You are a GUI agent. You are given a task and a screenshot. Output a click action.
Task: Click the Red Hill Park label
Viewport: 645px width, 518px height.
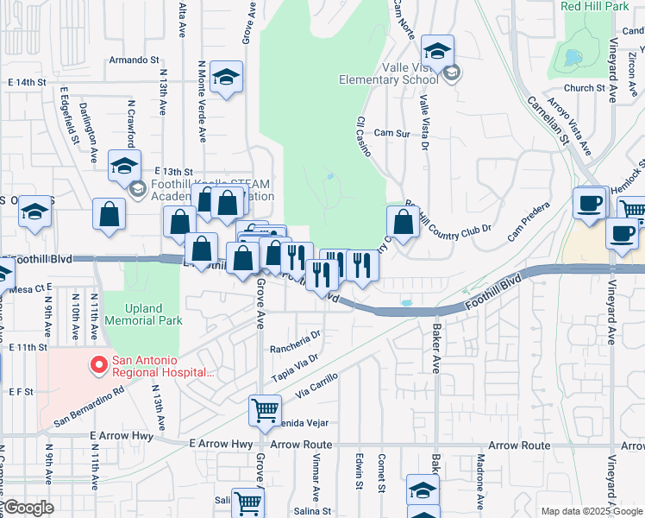[594, 6]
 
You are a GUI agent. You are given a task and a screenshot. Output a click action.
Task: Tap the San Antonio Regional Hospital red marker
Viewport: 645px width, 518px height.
[99, 366]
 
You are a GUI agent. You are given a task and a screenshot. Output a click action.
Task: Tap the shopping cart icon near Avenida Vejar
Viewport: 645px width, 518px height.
[265, 410]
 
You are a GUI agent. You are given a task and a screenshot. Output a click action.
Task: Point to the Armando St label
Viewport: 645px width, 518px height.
[135, 61]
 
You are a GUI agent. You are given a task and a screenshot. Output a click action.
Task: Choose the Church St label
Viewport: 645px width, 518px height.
[585, 88]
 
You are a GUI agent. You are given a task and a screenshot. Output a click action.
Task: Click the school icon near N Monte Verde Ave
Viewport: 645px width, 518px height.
[227, 78]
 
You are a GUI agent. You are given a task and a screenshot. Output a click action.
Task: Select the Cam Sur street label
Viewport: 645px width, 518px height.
[391, 134]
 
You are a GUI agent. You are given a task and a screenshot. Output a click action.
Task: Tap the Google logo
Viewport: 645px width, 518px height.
[28, 508]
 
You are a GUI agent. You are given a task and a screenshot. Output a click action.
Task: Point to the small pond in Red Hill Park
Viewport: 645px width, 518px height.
[572, 59]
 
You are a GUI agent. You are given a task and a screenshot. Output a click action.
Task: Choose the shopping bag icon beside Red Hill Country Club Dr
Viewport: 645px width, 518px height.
[403, 222]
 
